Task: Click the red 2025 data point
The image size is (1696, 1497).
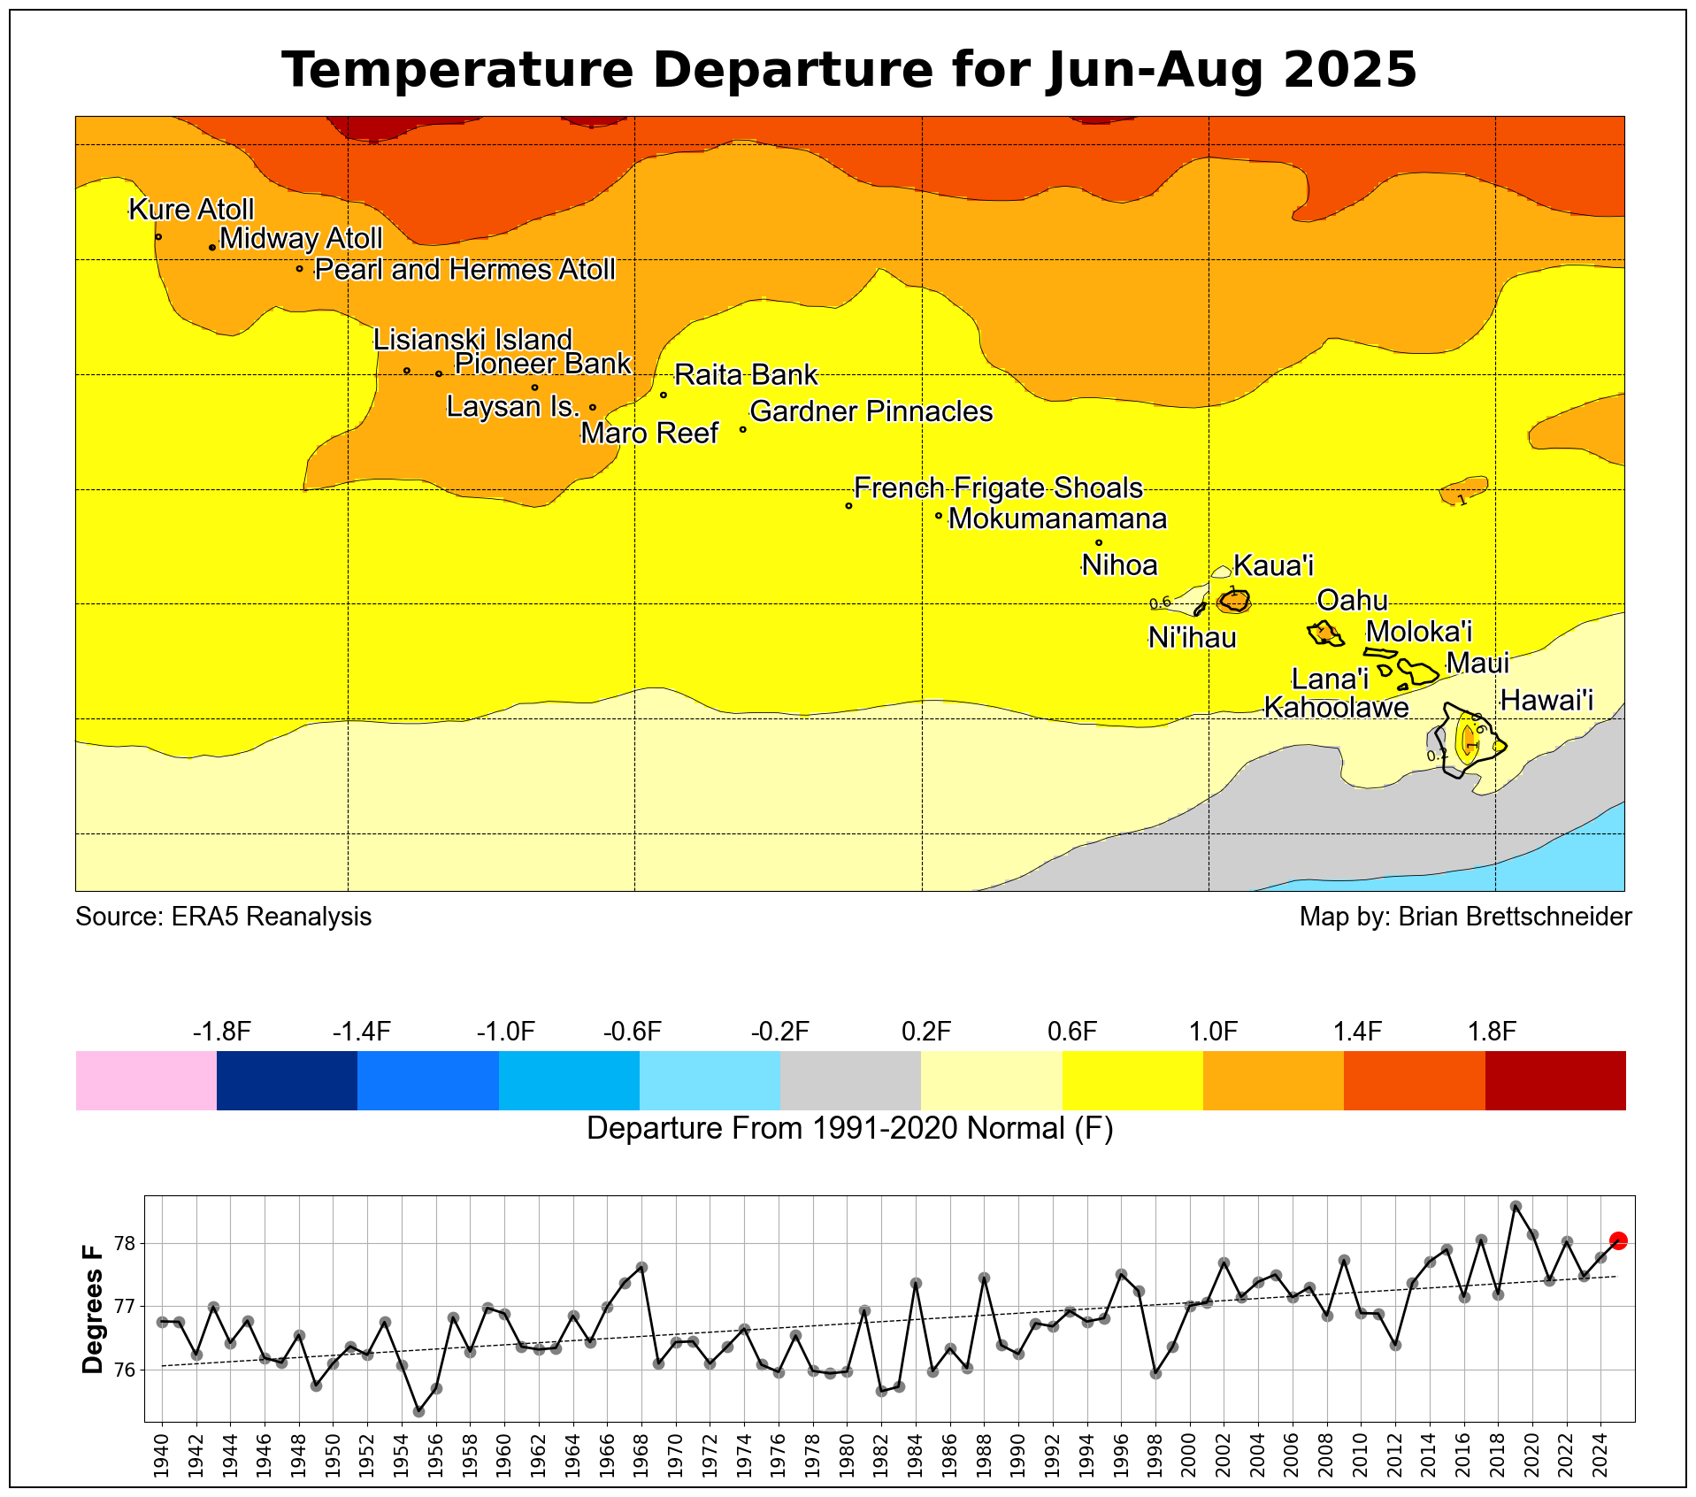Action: pyautogui.click(x=1618, y=1240)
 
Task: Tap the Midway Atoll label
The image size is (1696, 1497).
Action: pyautogui.click(x=301, y=239)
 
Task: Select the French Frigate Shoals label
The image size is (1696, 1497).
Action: pyautogui.click(x=998, y=488)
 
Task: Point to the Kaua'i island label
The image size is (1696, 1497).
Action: pyautogui.click(x=1273, y=566)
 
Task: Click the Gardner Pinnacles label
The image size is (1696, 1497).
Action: pyautogui.click(x=871, y=412)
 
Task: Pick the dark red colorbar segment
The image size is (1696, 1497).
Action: pyautogui.click(x=1554, y=1080)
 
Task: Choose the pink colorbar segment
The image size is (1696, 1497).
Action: pyautogui.click(x=146, y=1080)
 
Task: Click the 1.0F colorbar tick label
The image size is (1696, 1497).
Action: pyautogui.click(x=1213, y=1032)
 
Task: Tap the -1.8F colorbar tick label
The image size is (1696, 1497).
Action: pyautogui.click(x=222, y=1032)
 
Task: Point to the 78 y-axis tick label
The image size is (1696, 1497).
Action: pyautogui.click(x=124, y=1244)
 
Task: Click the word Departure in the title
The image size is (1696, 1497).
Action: pyautogui.click(x=784, y=70)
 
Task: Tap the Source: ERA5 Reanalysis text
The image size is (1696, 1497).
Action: pyautogui.click(x=223, y=917)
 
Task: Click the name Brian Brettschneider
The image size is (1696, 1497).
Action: pyautogui.click(x=1515, y=917)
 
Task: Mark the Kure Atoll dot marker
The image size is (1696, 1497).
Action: pyautogui.click(x=158, y=236)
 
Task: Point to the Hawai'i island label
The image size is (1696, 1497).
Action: pyautogui.click(x=1546, y=702)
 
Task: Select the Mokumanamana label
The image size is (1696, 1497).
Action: pyautogui.click(x=1057, y=519)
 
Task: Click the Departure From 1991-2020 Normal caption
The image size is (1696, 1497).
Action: pyautogui.click(x=849, y=1129)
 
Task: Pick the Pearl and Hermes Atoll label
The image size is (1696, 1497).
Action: pyautogui.click(x=464, y=270)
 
